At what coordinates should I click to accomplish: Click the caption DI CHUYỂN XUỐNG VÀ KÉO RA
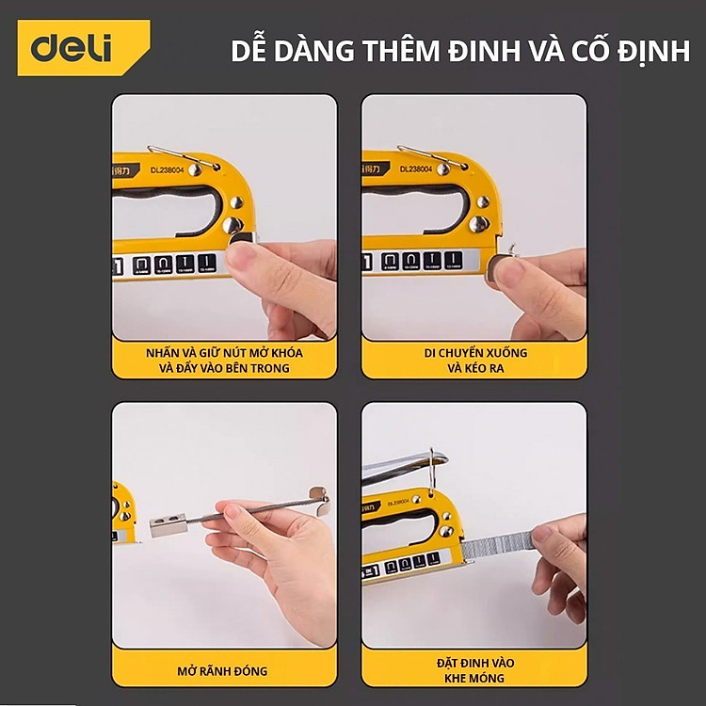(474, 360)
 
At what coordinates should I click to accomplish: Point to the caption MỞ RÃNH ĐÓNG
(223, 671)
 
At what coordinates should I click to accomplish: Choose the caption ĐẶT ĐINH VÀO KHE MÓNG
(474, 668)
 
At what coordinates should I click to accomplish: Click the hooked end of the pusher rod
(318, 496)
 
